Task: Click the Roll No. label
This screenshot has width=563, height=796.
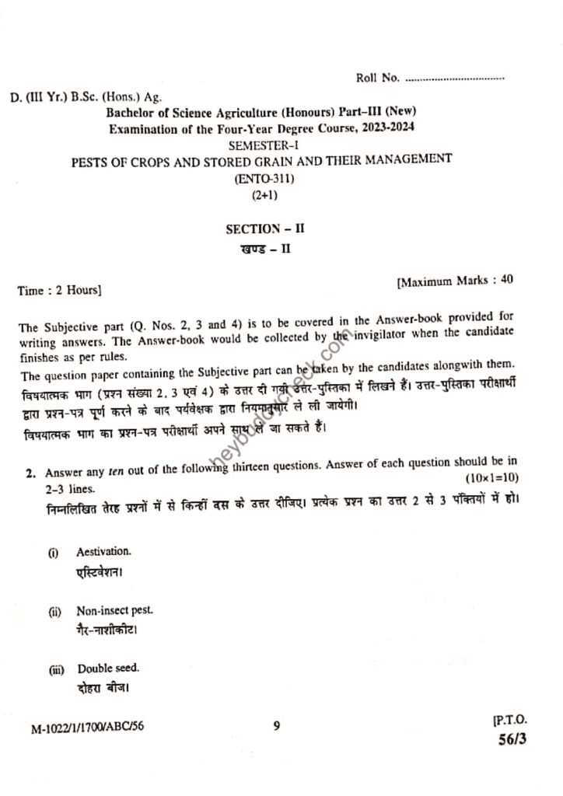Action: coord(378,78)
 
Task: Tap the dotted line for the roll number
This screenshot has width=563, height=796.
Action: coord(455,79)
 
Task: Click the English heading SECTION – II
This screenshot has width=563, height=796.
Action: coord(260,229)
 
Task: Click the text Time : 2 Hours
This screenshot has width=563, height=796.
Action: coord(58,291)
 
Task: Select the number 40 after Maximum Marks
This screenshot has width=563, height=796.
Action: coord(506,281)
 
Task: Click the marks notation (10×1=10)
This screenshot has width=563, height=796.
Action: coord(492,477)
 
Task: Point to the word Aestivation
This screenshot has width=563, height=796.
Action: coord(103,552)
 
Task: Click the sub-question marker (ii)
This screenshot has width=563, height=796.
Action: coord(56,612)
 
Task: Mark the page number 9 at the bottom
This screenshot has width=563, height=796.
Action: coord(277,727)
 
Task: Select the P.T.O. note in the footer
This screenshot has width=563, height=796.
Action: coord(510,722)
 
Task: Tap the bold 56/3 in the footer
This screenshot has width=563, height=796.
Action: coord(512,740)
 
